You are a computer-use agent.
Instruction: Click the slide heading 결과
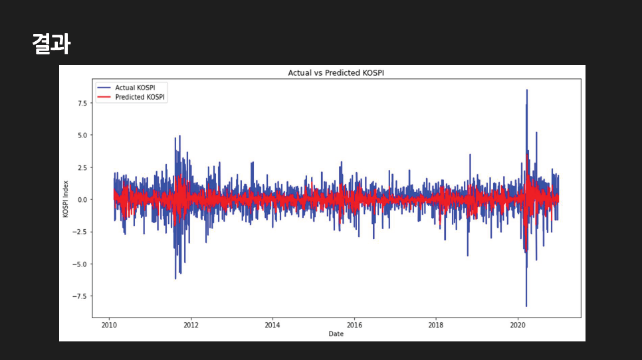point(51,44)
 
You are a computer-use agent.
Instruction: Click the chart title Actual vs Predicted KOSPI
point(336,72)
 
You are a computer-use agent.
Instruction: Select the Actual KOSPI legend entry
point(131,88)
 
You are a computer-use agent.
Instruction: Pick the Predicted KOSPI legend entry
point(131,97)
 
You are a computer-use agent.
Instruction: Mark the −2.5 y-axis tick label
point(79,232)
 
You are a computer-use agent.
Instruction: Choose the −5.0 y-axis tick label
point(79,264)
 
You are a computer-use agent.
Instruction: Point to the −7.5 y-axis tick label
point(79,296)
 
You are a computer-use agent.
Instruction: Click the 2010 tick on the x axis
point(109,325)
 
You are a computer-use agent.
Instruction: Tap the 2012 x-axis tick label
point(191,325)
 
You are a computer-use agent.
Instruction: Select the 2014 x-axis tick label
point(272,325)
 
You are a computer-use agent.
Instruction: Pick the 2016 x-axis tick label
point(354,325)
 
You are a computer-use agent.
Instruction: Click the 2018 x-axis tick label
point(436,325)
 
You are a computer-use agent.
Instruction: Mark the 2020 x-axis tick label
point(518,325)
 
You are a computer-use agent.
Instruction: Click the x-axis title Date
point(336,333)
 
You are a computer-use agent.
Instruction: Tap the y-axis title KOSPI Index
point(66,199)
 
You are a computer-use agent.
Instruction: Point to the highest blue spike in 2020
point(527,91)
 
